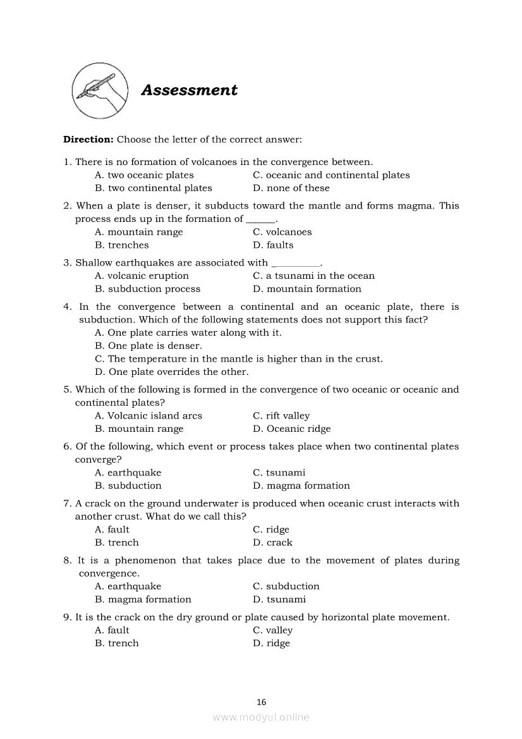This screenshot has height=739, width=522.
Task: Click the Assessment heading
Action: (x=189, y=90)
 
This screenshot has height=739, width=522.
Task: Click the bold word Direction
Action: (x=88, y=139)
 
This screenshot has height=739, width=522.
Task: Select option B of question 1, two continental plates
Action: (x=154, y=188)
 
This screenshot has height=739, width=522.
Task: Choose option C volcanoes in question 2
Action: (x=282, y=232)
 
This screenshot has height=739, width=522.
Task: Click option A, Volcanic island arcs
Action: (x=149, y=416)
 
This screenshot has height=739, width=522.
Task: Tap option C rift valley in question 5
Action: (x=281, y=416)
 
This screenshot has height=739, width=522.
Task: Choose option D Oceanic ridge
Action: (x=291, y=429)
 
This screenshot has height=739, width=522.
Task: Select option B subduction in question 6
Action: (x=128, y=486)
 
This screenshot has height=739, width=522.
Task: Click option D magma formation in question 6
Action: (x=301, y=486)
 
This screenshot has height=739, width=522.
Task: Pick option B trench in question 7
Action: (x=117, y=542)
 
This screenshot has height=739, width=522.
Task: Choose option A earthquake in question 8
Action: (x=128, y=586)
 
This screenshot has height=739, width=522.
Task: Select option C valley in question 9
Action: (x=272, y=630)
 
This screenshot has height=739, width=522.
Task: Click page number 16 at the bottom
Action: (x=262, y=702)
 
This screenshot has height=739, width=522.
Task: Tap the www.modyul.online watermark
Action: (x=261, y=717)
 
